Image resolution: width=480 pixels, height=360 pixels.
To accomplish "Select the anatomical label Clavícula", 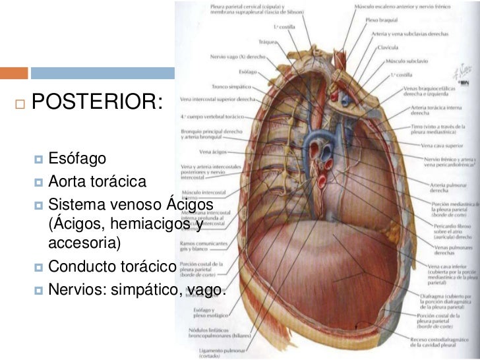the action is point(388,47).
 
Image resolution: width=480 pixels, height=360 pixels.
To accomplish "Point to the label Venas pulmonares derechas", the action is point(450,250).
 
